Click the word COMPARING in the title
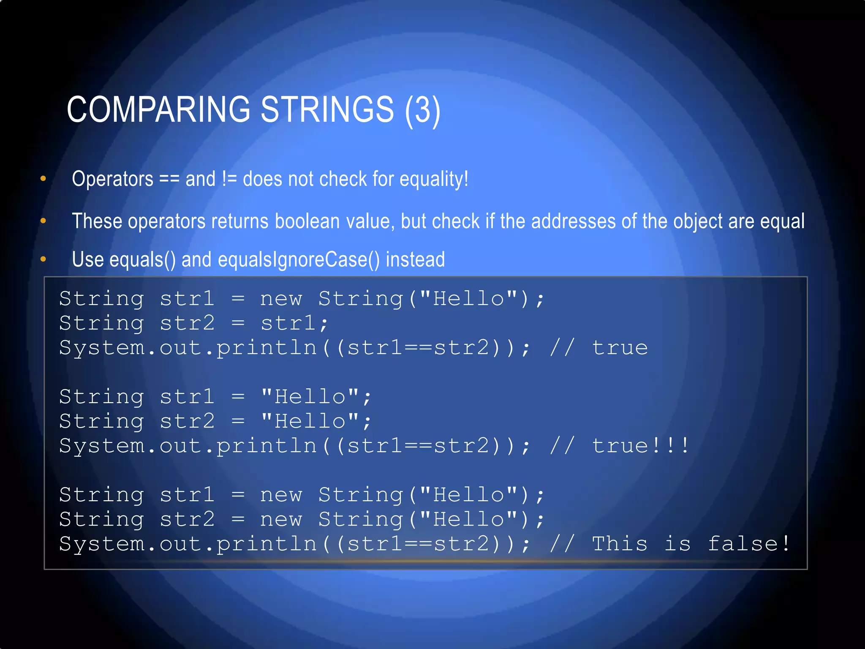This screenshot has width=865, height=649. (x=159, y=109)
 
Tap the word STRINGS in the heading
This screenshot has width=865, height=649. (x=327, y=109)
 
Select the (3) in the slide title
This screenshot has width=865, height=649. (x=422, y=110)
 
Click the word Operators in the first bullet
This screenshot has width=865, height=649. (x=113, y=179)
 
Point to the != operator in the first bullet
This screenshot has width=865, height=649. (x=229, y=179)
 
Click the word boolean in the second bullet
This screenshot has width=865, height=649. (x=307, y=221)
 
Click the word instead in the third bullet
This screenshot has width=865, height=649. (x=415, y=259)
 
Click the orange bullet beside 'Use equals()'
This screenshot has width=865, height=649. (x=43, y=259)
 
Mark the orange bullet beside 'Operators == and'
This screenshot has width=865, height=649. (x=43, y=179)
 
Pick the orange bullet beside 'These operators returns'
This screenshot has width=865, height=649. (x=43, y=221)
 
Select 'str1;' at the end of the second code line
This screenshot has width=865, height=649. (x=294, y=324)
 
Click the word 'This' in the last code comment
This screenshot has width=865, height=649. (x=620, y=544)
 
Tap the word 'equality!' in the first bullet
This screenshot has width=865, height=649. (x=434, y=179)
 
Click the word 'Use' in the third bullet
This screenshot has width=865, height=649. (x=88, y=259)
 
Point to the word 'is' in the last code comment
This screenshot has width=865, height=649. (x=677, y=544)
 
